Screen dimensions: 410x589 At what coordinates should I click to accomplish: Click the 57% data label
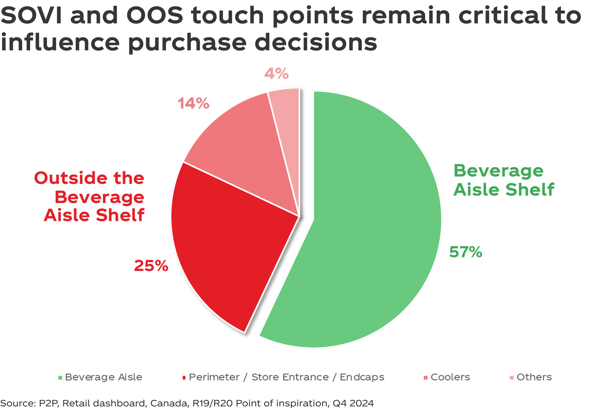coord(466,252)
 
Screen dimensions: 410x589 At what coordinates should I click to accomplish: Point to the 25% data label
coord(151,266)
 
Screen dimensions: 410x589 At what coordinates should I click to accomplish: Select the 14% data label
coord(193,103)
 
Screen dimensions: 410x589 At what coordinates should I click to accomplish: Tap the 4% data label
coord(276,74)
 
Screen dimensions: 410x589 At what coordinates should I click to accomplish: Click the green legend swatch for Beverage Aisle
coord(60,378)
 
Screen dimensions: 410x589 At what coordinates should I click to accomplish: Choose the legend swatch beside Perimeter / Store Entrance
coord(184,378)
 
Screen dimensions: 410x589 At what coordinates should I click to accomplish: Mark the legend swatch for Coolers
coord(426,378)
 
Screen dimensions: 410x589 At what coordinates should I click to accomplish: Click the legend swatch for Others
coord(511,378)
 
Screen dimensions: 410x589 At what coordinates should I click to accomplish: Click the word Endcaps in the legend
coord(362,377)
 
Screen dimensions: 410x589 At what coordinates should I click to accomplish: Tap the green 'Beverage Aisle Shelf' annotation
coord(504,180)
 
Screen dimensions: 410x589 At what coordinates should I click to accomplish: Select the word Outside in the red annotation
coord(71,178)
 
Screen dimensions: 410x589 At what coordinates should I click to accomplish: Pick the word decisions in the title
coord(316,42)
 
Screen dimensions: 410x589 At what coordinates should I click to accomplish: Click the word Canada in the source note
coord(169,403)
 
